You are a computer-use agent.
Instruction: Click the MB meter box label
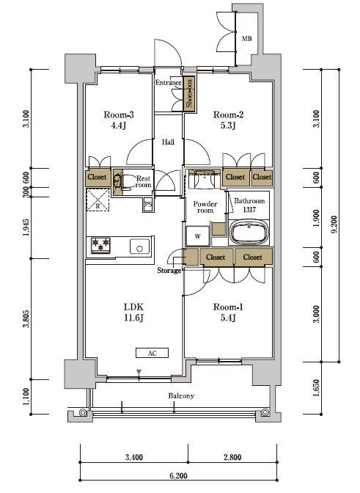[x=246, y=39]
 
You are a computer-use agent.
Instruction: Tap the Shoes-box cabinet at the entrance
[x=189, y=94]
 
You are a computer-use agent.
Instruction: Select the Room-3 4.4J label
[x=119, y=120]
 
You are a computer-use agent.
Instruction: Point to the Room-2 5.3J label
[x=228, y=120]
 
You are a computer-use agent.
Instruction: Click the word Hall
[x=168, y=142]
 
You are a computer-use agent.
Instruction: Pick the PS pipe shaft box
[x=148, y=205]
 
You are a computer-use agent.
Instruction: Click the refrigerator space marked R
[x=98, y=200]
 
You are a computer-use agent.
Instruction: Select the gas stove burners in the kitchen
[x=101, y=244]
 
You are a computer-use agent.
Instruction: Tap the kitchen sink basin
[x=140, y=246]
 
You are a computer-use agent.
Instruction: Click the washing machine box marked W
[x=197, y=235]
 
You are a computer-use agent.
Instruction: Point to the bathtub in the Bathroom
[x=249, y=233]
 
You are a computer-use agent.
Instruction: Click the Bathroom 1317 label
[x=249, y=205]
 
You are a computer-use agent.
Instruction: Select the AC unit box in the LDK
[x=152, y=353]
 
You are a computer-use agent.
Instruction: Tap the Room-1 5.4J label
[x=228, y=313]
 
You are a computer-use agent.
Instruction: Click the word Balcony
[x=181, y=395]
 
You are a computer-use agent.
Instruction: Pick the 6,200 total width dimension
[x=178, y=475]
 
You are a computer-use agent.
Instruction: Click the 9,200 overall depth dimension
[x=334, y=224]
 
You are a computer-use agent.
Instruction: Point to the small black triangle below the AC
[x=139, y=372]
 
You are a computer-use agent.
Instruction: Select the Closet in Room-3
[x=97, y=177]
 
